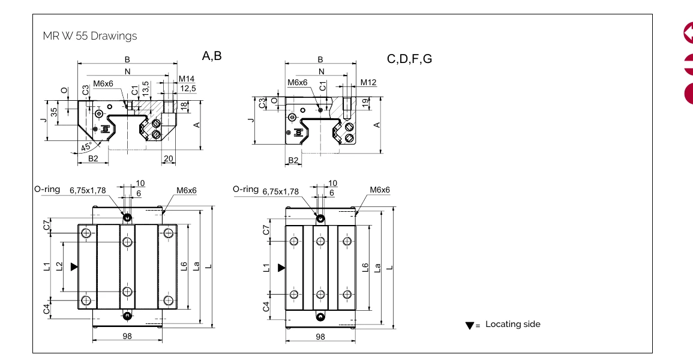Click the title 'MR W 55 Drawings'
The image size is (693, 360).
90,36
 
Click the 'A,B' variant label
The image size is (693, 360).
212,56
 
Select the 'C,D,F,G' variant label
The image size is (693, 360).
409,59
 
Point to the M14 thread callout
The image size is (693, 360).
187,79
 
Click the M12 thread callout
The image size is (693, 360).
368,82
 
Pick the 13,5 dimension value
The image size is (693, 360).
145,88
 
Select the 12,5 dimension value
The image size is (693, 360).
188,89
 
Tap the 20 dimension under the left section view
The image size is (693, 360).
169,158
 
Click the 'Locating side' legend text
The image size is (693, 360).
512,325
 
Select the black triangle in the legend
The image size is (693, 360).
469,326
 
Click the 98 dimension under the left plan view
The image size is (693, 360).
127,337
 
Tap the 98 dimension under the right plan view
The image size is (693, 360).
320,337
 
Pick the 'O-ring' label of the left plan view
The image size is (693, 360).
47,189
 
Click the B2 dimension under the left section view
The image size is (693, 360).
93,158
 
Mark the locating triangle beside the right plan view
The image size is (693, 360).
281,267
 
